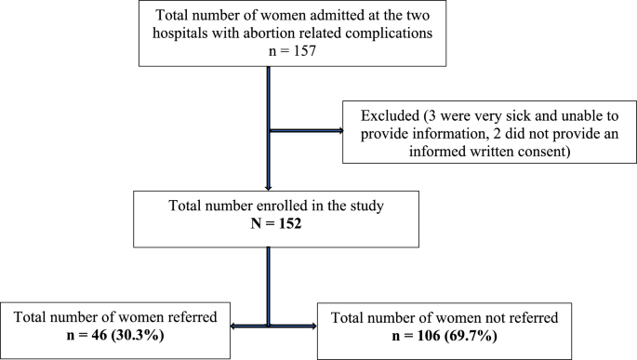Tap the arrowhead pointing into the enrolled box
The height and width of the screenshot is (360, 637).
click(269, 185)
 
